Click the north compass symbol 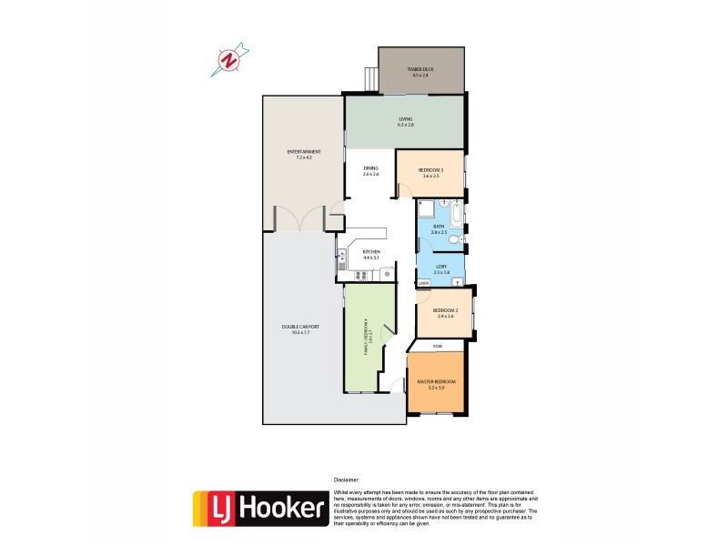point(231,60)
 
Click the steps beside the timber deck point(369,80)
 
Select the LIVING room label point(406,121)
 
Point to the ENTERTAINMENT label point(303,154)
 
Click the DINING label point(370,170)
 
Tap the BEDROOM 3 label point(430,173)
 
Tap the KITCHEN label point(370,255)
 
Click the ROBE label point(437,347)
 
